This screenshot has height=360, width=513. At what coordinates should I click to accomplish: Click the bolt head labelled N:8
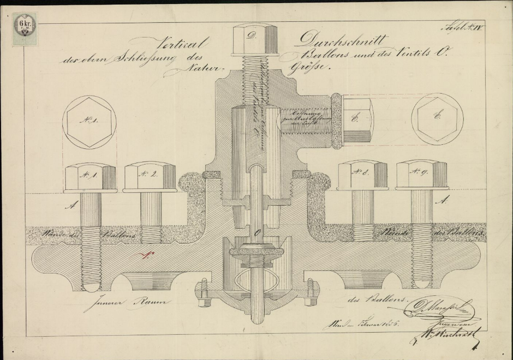click(362, 175)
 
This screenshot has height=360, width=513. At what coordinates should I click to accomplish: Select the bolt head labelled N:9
click(421, 175)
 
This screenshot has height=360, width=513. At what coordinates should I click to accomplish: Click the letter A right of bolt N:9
click(440, 200)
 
